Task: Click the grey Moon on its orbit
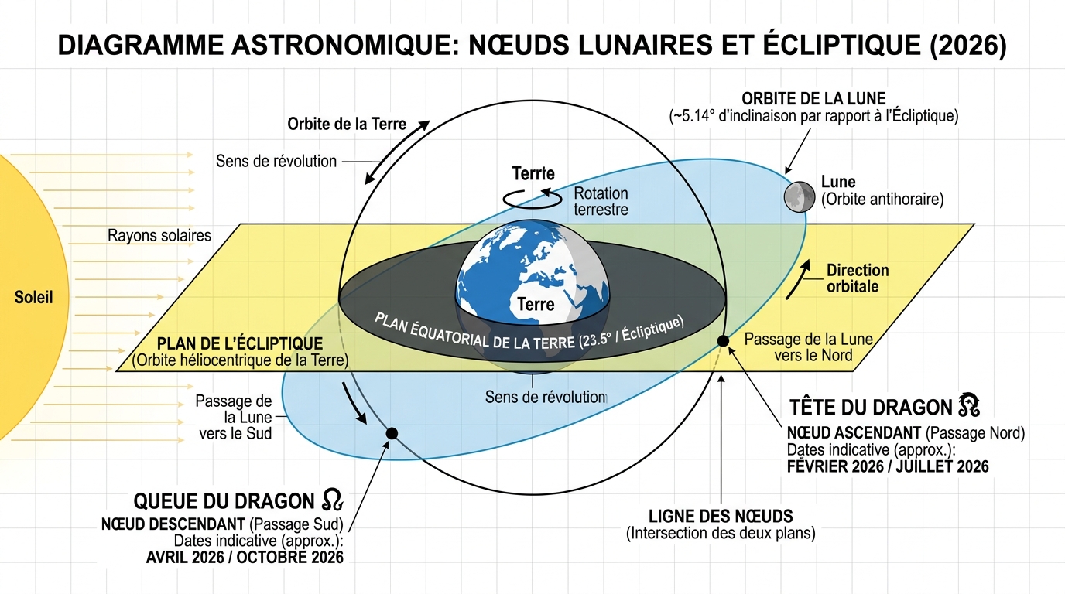[x=799, y=196]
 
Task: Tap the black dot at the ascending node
[x=723, y=341]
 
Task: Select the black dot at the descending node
[x=392, y=433]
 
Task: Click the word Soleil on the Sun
[x=34, y=297]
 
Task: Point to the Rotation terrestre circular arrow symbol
[x=532, y=198]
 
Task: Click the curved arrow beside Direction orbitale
[x=806, y=279]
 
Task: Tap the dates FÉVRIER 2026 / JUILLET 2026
[x=887, y=466]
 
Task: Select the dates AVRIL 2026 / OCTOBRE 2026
[x=245, y=557]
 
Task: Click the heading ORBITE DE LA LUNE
[x=813, y=100]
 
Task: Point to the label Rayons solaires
[x=159, y=235]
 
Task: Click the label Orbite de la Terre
[x=347, y=124]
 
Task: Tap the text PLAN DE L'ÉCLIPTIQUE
[x=240, y=343]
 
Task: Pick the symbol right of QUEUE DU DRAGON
[x=330, y=500]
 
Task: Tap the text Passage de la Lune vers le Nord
[x=808, y=347]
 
